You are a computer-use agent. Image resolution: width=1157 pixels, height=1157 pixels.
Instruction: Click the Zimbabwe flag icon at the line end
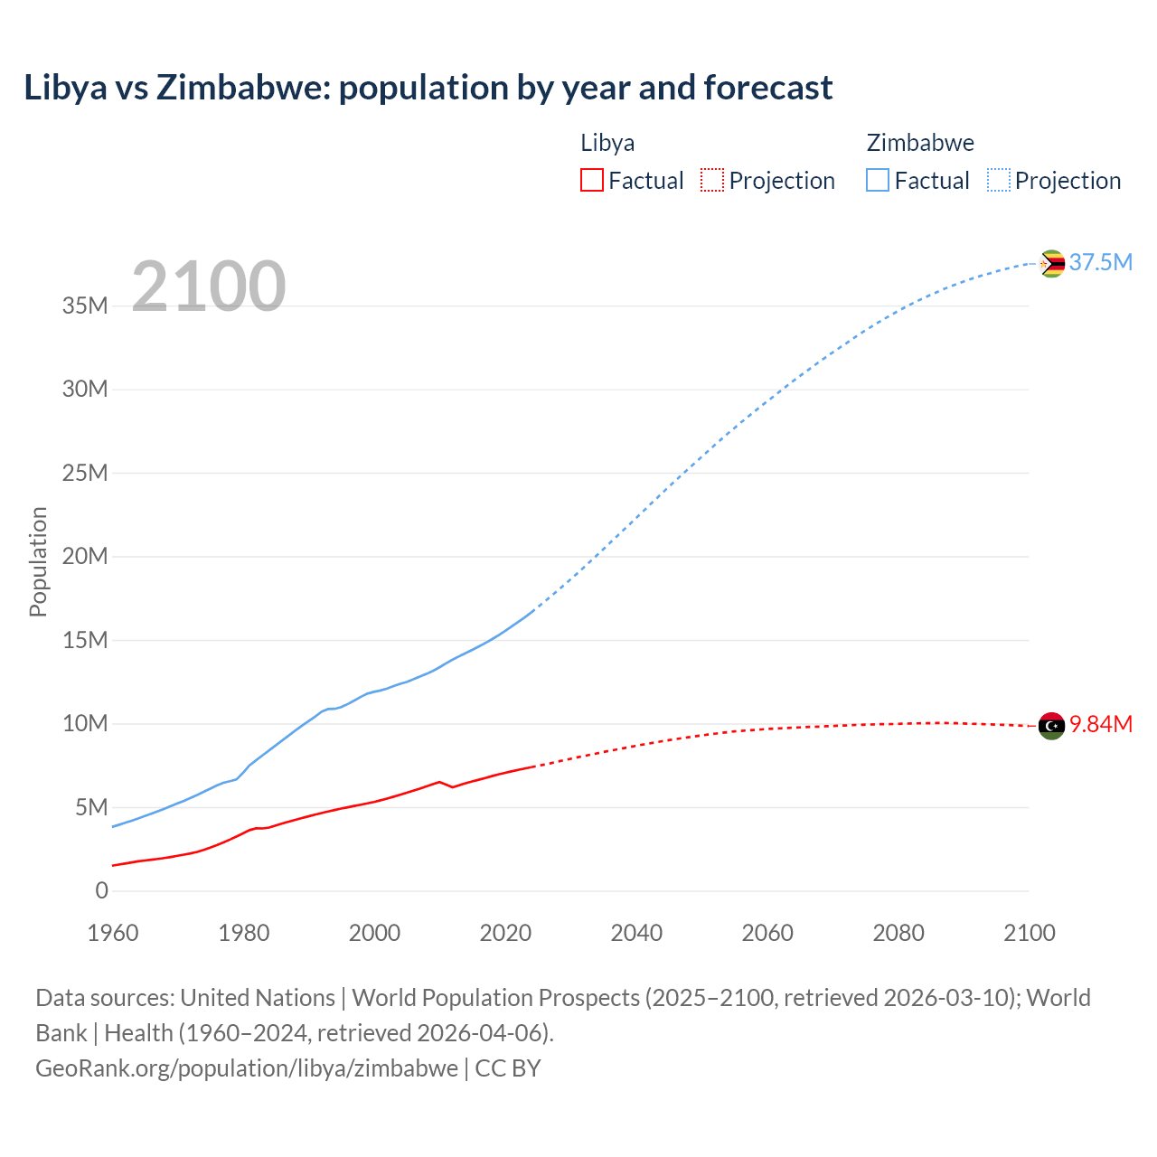click(1051, 263)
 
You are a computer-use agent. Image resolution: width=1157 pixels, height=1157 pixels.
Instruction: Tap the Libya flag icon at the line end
click(1051, 725)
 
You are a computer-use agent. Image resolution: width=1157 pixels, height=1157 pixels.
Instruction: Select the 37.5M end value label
click(1100, 262)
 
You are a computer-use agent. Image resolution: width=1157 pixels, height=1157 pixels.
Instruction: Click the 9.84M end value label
click(1101, 725)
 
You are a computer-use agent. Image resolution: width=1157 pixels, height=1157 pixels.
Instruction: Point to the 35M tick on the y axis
click(85, 306)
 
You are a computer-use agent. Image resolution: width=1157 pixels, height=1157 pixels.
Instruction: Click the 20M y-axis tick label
click(85, 556)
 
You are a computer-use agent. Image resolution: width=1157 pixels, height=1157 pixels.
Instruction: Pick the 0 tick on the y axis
click(101, 890)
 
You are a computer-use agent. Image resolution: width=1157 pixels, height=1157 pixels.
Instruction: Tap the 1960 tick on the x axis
click(113, 933)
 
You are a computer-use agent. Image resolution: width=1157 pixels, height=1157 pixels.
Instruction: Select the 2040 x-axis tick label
click(636, 933)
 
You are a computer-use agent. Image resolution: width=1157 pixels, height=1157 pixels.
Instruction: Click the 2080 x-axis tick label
click(898, 933)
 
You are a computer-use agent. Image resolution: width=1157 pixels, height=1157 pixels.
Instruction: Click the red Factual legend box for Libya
click(591, 180)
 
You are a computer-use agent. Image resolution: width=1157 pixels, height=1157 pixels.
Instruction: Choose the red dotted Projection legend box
click(712, 180)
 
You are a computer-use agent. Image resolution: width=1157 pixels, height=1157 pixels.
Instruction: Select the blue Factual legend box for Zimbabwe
click(877, 180)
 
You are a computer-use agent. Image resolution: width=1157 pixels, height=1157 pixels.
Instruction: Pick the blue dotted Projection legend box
click(998, 180)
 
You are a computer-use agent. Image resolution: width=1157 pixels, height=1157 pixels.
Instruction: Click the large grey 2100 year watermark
click(209, 287)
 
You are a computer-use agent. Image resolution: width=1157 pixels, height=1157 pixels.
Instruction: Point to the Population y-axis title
click(38, 561)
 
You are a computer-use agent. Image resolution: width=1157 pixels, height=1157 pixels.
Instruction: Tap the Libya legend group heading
click(607, 143)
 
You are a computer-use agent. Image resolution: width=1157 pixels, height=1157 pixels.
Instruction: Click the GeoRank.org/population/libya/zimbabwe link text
click(247, 1068)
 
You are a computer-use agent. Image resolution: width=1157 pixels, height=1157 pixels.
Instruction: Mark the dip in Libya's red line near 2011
click(452, 787)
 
